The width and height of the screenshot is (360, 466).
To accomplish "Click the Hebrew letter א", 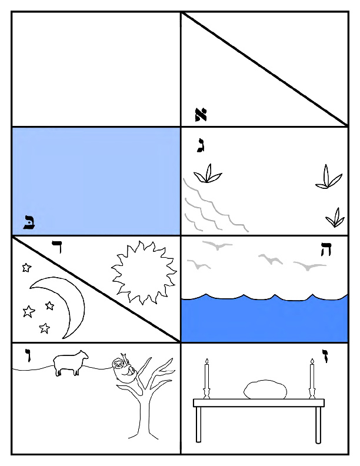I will coord(201,114).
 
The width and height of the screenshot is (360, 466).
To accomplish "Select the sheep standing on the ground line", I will coord(69,363).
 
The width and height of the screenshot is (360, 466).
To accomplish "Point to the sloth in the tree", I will coord(124,371).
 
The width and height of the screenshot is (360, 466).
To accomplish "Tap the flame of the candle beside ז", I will coord(312,360).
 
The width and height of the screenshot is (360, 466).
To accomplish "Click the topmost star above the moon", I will coord(26,268).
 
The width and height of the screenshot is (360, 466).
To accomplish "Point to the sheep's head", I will coord(84,357).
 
